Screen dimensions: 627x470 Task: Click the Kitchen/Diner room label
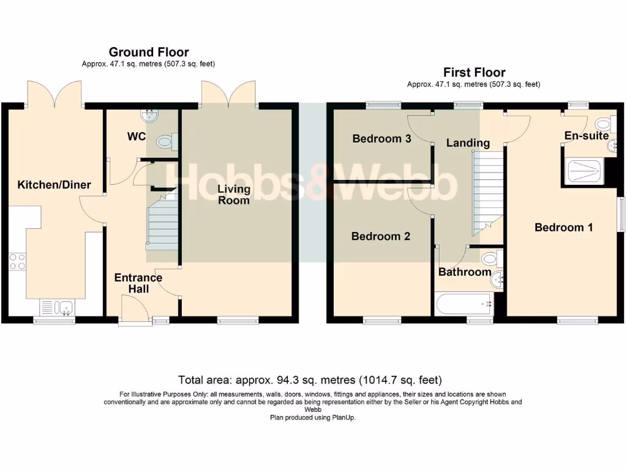tap(54, 185)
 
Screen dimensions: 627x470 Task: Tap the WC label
tap(137, 136)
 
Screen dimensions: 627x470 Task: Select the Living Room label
tap(234, 194)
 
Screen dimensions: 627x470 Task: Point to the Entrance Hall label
tap(138, 283)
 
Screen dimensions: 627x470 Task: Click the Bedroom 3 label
tap(381, 139)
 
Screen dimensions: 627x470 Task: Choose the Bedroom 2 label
tap(381, 236)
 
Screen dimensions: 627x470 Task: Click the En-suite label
tap(587, 135)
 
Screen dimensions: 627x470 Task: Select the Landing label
tap(468, 143)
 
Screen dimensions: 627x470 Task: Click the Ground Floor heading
tap(149, 52)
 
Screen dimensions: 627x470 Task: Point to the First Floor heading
tap(475, 72)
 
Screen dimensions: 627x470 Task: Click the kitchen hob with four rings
tap(17, 262)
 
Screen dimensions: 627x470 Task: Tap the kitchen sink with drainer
tap(57, 308)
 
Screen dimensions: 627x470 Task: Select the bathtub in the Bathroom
tap(464, 305)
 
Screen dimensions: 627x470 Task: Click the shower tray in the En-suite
tap(583, 172)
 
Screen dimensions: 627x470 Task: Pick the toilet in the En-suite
tap(606, 124)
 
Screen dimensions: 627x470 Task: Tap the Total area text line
tap(310, 379)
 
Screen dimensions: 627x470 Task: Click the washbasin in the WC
tap(150, 116)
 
